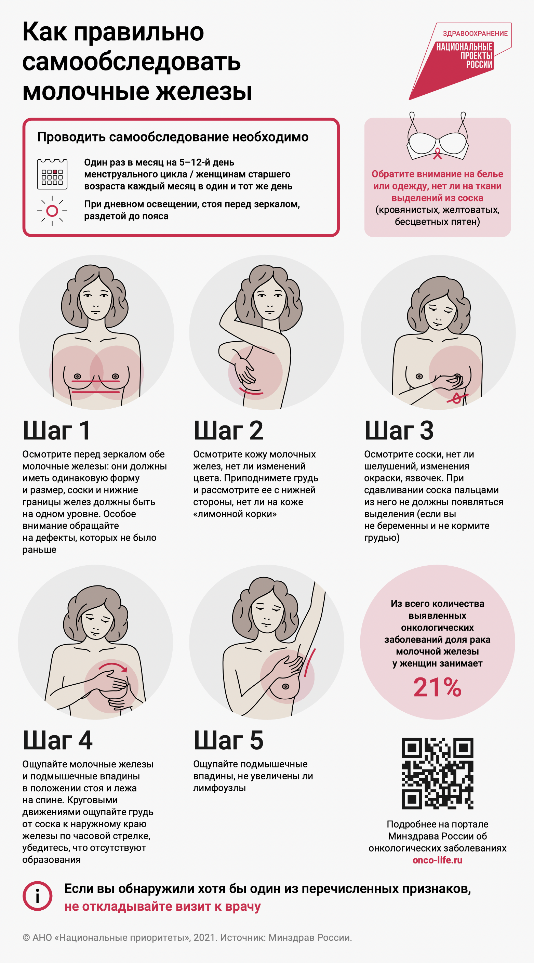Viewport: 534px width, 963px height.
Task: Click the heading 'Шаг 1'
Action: (x=56, y=430)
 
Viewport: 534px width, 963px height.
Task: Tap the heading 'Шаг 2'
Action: (x=228, y=430)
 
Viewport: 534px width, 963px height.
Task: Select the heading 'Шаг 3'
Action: (x=399, y=430)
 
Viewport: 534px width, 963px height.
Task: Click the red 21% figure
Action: (x=437, y=687)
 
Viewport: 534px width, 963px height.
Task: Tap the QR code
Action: (x=438, y=774)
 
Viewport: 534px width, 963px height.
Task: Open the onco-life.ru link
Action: (x=437, y=860)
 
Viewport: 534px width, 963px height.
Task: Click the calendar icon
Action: (x=52, y=174)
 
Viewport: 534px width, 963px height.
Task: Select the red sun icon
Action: (x=52, y=211)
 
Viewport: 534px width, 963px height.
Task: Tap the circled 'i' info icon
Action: (x=37, y=896)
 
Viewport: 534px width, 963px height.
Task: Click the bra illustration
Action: (x=437, y=136)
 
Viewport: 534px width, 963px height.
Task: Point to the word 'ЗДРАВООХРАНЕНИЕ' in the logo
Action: (x=475, y=34)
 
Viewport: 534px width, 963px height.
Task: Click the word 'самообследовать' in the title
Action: (x=132, y=62)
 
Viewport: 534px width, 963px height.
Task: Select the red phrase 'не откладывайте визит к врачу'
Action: (x=162, y=907)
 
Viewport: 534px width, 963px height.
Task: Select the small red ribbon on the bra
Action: (x=437, y=154)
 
